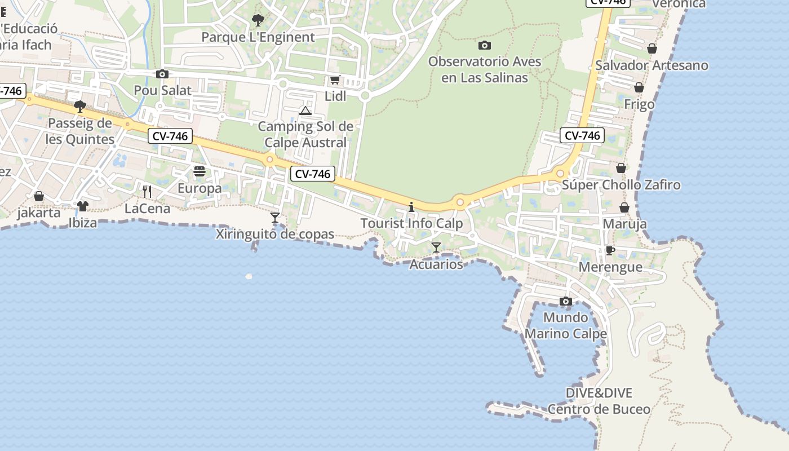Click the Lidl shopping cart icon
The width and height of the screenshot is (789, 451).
[x=335, y=79]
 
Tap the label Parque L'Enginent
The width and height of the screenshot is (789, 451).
[x=258, y=37]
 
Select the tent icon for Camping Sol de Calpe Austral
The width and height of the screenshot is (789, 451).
[x=305, y=110]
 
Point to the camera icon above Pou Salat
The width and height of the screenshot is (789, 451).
[x=162, y=74]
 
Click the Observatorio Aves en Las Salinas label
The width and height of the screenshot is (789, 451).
[x=485, y=69]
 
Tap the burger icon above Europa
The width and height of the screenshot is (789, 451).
[x=200, y=171]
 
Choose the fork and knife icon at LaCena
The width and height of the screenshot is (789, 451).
[x=147, y=192]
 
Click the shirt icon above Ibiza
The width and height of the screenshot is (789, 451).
[x=83, y=206]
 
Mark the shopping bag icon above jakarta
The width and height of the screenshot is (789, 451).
[x=39, y=196]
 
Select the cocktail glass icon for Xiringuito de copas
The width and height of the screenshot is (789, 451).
[x=275, y=218]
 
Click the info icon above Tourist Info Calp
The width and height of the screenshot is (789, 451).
[x=411, y=207]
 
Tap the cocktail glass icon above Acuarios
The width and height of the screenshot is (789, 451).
[x=436, y=247]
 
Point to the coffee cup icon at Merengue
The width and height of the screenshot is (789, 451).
[x=610, y=250]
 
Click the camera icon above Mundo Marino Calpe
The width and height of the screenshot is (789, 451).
[x=566, y=301]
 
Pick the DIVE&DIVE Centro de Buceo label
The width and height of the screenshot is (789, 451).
[x=599, y=401]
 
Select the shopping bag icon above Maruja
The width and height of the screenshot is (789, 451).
[x=624, y=207]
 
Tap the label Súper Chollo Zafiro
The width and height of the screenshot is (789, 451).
[x=621, y=185]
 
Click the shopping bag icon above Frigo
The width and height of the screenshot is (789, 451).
[x=639, y=87]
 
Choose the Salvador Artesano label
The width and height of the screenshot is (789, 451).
[x=651, y=65]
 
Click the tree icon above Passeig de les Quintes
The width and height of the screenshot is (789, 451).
[x=80, y=106]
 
